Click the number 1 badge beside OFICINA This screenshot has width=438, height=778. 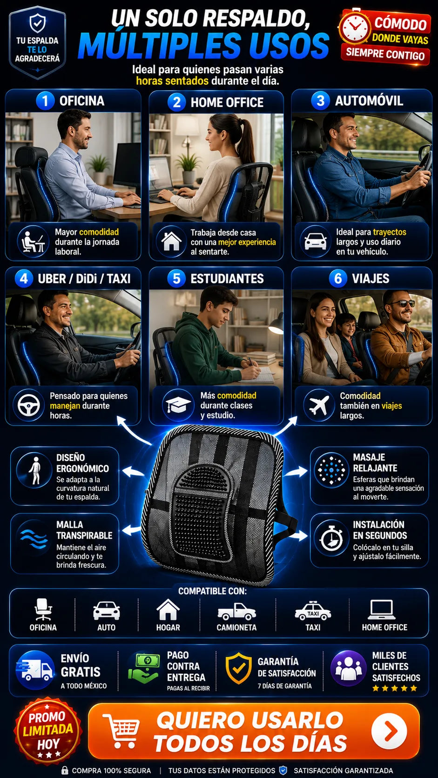click(45, 101)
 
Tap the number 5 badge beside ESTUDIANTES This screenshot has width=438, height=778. click(176, 278)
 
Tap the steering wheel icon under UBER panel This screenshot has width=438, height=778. click(28, 405)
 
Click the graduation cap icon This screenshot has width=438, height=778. click(178, 405)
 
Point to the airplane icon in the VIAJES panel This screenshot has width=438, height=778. click(319, 405)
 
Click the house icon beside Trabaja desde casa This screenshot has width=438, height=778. click(171, 241)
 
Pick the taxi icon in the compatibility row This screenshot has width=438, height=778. click(313, 610)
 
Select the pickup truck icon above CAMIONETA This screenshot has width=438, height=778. click(236, 611)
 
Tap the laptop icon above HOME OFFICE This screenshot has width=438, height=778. click(382, 610)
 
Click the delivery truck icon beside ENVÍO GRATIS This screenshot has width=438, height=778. click(34, 670)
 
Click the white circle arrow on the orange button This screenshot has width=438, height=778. click(389, 731)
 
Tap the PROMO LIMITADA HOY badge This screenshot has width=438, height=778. click(48, 731)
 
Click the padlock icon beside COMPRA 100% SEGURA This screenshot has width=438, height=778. click(64, 771)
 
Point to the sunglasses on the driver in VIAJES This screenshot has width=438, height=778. click(402, 303)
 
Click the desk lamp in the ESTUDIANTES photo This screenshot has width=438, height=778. click(276, 325)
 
